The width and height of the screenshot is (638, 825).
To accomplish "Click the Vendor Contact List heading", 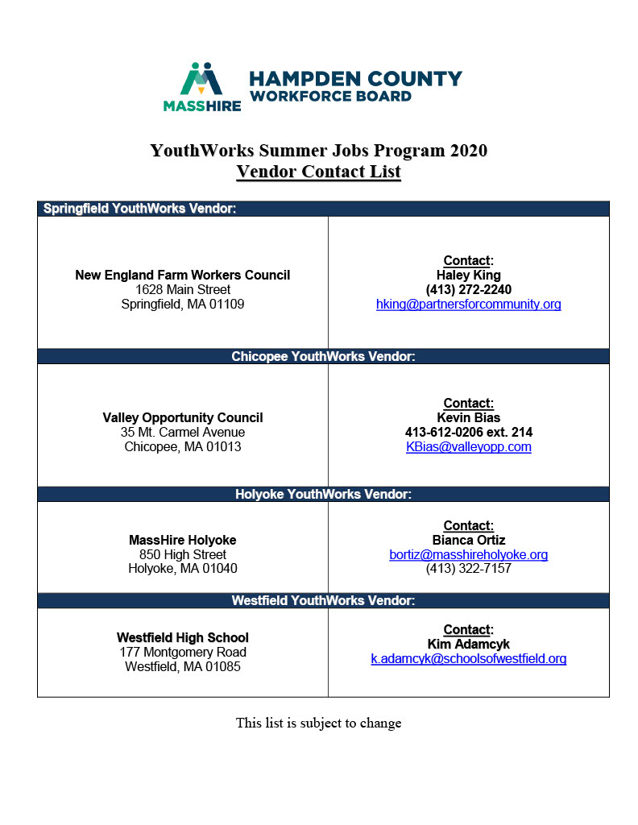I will click(x=318, y=172).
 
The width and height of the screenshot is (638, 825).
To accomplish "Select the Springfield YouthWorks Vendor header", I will click(x=139, y=209).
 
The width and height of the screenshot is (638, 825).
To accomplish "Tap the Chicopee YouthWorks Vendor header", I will click(x=323, y=356).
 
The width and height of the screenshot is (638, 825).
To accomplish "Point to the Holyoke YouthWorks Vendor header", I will click(x=323, y=494).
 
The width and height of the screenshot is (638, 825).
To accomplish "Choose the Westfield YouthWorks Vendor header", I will click(x=323, y=600).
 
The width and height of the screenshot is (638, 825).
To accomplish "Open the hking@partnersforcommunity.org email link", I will click(x=468, y=305).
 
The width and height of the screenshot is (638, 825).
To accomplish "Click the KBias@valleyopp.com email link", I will click(x=468, y=447).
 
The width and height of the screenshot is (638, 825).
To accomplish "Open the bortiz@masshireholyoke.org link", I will click(x=468, y=555).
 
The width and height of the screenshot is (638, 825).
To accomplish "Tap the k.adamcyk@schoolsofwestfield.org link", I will click(x=468, y=659).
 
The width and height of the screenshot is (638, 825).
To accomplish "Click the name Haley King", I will click(x=468, y=276).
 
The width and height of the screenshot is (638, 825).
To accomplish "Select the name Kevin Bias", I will click(x=468, y=418).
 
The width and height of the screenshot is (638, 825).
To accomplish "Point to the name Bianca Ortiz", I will click(x=468, y=541).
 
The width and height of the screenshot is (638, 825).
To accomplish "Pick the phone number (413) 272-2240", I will click(x=468, y=290).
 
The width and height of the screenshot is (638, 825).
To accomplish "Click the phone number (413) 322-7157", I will click(x=468, y=569).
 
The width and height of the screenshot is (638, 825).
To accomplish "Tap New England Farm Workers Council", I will click(x=182, y=276).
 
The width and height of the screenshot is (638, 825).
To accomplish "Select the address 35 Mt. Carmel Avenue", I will click(x=182, y=433).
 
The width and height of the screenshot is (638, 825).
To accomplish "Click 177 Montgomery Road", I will click(x=182, y=653).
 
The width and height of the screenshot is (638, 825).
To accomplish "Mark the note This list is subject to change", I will click(x=318, y=723).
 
